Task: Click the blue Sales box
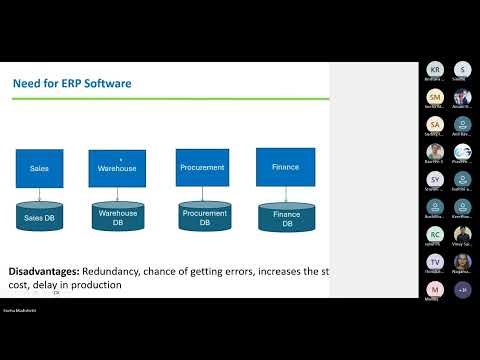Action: (x=38, y=169)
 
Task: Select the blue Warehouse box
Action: (x=118, y=169)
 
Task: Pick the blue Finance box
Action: (x=285, y=167)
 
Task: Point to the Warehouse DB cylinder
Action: (x=118, y=217)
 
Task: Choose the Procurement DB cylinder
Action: (x=205, y=217)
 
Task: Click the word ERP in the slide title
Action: (x=72, y=83)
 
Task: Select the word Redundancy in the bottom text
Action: (x=113, y=271)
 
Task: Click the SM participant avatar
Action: (x=434, y=97)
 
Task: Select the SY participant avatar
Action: (x=434, y=179)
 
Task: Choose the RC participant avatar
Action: (x=434, y=233)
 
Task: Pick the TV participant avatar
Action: (x=434, y=261)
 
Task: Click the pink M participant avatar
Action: (x=434, y=289)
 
